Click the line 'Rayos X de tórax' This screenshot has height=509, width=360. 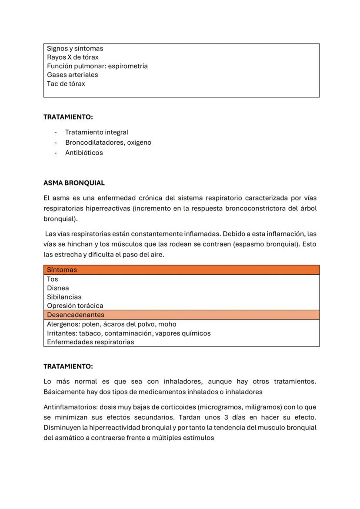coord(73,57)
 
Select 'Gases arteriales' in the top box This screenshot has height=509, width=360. coord(73,75)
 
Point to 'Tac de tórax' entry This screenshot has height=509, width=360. coord(66,83)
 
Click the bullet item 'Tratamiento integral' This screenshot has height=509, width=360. coord(97,132)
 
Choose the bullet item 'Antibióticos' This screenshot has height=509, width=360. coord(84,153)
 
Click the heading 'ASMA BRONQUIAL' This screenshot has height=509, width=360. coord(74,183)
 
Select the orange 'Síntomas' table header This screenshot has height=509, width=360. coord(62,270)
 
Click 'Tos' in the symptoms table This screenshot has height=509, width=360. coord(53,279)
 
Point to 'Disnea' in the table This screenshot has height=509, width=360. coord(58,288)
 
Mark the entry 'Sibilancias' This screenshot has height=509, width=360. coord(64,297)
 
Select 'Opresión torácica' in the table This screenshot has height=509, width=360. coord(75,306)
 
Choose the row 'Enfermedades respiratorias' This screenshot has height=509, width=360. coord(90,342)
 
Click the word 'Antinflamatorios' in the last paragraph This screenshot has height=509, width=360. coord(70,407)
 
